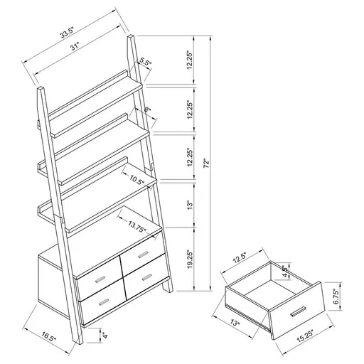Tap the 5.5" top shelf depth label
click(145, 62)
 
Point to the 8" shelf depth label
click(147, 111)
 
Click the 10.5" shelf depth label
click(137, 181)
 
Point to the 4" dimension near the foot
click(105, 334)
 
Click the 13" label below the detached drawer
click(236, 324)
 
